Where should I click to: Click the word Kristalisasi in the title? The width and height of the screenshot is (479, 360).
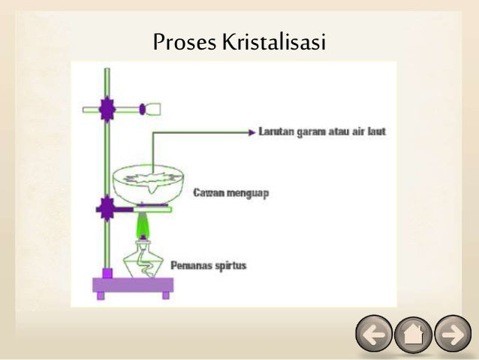point(274,42)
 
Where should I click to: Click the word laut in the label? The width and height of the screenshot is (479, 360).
point(375,131)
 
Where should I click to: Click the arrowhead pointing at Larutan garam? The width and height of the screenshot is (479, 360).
point(252,131)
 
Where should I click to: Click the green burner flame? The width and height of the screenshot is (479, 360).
point(141,223)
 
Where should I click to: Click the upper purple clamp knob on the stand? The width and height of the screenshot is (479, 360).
point(107,110)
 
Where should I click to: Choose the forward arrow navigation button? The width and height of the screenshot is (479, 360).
point(453,334)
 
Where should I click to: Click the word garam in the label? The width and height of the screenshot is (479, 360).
point(315,131)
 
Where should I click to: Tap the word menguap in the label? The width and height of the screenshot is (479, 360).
point(248,193)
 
